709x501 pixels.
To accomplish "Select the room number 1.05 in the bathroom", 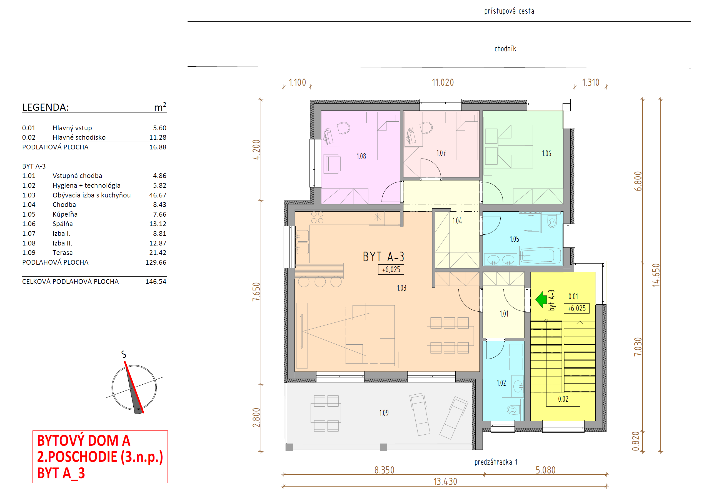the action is pyautogui.click(x=514, y=239).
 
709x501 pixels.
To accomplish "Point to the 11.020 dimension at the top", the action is pyautogui.click(x=443, y=82).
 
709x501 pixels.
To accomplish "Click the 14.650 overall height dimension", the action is pyautogui.click(x=656, y=275).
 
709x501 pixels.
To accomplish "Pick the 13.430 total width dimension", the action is pyautogui.click(x=445, y=482).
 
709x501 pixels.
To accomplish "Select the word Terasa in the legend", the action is pyautogui.click(x=63, y=252).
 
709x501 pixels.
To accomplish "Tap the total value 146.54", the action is pyautogui.click(x=156, y=282).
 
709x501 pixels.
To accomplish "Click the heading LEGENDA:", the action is pyautogui.click(x=46, y=107).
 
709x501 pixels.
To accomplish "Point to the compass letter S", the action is pyautogui.click(x=124, y=354).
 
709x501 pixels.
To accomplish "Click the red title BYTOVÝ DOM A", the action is pyautogui.click(x=84, y=440).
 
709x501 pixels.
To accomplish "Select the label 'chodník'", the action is pyautogui.click(x=505, y=49).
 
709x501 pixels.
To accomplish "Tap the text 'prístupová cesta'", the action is pyautogui.click(x=509, y=11).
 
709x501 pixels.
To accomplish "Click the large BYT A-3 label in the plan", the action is pyautogui.click(x=383, y=257).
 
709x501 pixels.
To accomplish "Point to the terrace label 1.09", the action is pyautogui.click(x=384, y=413).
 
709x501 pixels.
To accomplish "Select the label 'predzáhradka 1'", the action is pyautogui.click(x=496, y=462).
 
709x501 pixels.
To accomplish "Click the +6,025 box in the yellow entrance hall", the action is pyautogui.click(x=576, y=308).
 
